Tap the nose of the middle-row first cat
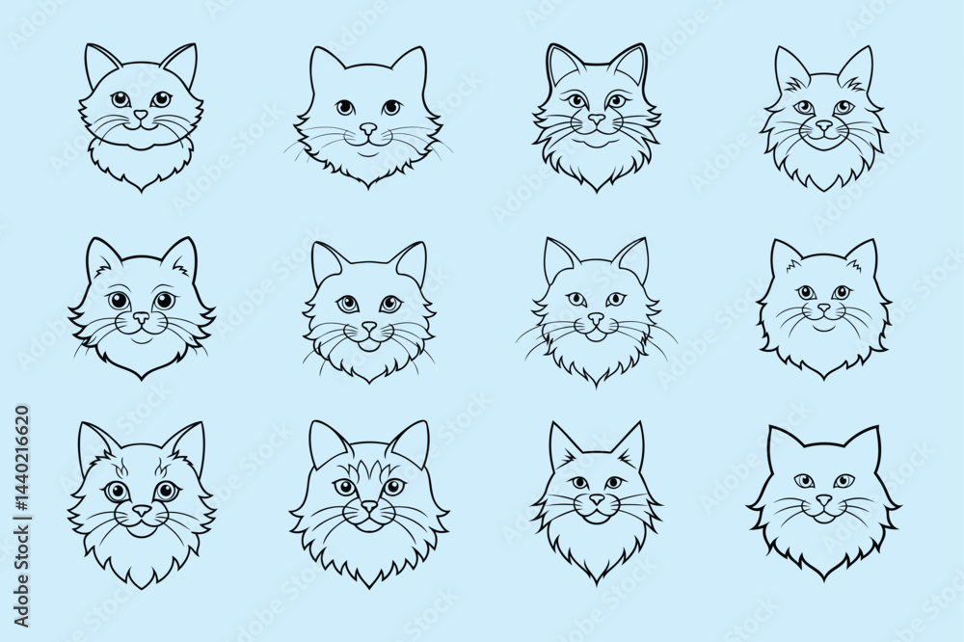[x=142, y=317]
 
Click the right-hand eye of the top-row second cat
[x=390, y=107]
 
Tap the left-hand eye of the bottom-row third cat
[x=576, y=482]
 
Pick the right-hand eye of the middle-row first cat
[x=163, y=300]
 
